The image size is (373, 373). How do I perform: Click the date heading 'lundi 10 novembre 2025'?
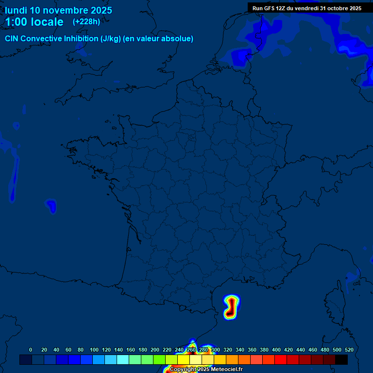click(58, 10)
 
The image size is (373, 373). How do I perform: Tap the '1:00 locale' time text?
click(34, 22)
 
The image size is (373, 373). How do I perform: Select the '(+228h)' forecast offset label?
click(86, 21)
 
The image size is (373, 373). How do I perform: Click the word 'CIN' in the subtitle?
click(12, 39)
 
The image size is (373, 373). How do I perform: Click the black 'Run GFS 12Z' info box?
click(306, 8)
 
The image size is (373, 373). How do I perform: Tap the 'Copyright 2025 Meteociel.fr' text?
click(206, 369)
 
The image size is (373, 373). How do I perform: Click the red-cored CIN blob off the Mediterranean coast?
click(231, 307)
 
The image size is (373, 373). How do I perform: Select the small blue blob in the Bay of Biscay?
click(51, 205)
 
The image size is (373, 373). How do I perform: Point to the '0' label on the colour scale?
click(31, 350)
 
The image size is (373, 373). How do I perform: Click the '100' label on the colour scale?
click(94, 350)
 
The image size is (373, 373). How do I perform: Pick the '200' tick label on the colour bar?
click(155, 350)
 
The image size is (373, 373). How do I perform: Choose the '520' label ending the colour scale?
click(349, 350)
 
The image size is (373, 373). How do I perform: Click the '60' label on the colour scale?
click(68, 350)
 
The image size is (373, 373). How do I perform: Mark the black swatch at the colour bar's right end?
click(341, 359)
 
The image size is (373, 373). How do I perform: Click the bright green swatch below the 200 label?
click(159, 359)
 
